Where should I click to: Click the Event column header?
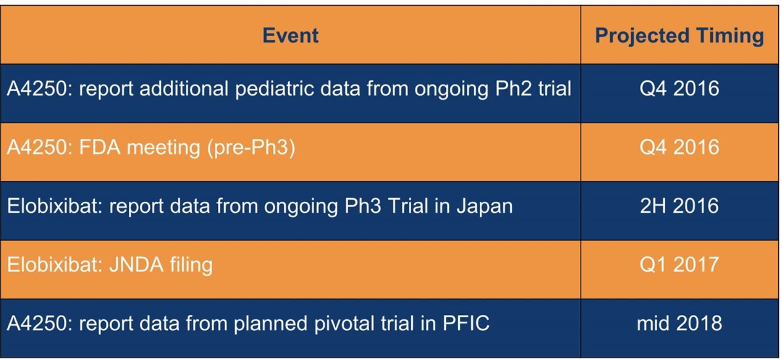pyautogui.click(x=291, y=36)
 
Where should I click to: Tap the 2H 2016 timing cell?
pyautogui.click(x=679, y=205)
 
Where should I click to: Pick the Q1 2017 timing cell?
pyautogui.click(x=679, y=264)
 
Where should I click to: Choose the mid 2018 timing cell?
pyautogui.click(x=679, y=323)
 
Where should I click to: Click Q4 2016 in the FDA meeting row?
pyautogui.click(x=679, y=147)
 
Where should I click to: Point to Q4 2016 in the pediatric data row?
pyautogui.click(x=679, y=89)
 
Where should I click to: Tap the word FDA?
pyautogui.click(x=100, y=147)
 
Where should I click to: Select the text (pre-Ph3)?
pyautogui.click(x=251, y=148)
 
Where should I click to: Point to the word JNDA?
pyautogui.click(x=137, y=264)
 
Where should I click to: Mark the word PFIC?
pyautogui.click(x=466, y=323)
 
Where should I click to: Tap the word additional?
pyautogui.click(x=184, y=89)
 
